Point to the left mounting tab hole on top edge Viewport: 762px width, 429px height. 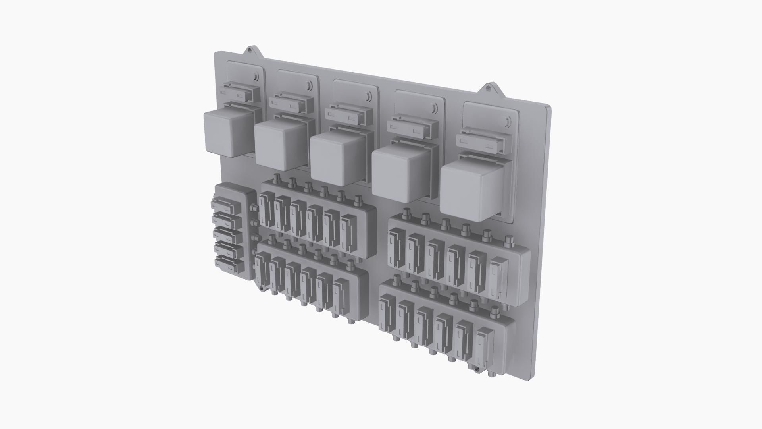(250, 50)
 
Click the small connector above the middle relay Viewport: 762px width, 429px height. (348, 115)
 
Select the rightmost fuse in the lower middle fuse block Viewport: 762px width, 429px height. (341, 297)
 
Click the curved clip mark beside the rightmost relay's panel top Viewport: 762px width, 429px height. (508, 121)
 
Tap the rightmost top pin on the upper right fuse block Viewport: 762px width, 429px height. (508, 241)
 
